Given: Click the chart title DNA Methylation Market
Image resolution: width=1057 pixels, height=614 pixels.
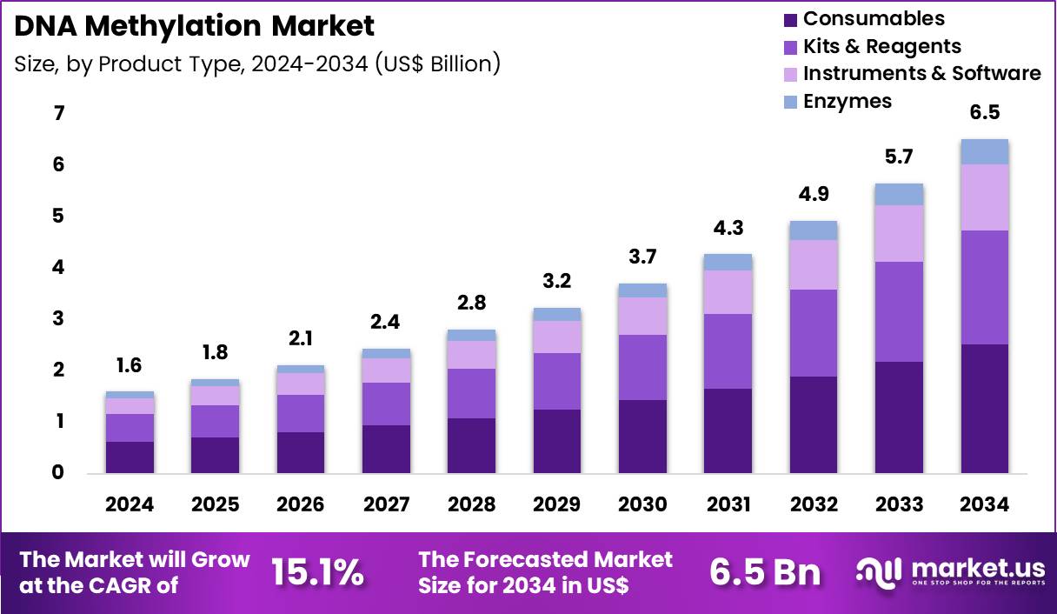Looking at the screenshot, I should coord(195,26).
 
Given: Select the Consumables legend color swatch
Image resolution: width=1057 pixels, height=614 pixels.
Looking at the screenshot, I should coord(789,19).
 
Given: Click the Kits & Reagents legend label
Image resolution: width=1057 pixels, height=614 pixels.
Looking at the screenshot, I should coord(881,46).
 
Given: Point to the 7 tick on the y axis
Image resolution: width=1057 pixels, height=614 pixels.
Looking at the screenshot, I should coord(59,114).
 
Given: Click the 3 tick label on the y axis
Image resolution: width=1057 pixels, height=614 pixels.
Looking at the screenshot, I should coord(59,319).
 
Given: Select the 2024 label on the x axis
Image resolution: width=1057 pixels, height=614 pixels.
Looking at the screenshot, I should coord(130,505).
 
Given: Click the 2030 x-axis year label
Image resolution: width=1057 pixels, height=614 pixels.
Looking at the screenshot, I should coord(642,505).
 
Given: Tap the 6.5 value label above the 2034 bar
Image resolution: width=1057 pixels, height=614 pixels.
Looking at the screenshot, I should coord(984,113).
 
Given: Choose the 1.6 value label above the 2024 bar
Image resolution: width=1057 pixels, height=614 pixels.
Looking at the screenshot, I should coord(130,365).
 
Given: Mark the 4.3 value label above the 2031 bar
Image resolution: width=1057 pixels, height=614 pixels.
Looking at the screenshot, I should coord(728,229).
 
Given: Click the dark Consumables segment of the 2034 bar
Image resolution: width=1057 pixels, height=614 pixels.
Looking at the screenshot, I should coord(984,409).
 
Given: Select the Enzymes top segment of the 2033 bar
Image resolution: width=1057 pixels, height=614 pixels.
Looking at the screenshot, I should coord(899,194).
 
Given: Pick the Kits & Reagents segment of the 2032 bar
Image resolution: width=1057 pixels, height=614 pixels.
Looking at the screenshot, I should coord(814,333).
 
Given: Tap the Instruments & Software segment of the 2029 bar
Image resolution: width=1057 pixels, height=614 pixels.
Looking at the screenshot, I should coord(557,337).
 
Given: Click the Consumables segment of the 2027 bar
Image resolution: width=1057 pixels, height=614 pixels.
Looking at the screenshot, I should coord(386,449).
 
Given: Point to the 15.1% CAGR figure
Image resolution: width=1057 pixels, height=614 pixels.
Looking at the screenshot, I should coord(317,572).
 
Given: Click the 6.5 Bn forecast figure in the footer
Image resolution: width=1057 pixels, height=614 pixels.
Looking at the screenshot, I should coord(765,572).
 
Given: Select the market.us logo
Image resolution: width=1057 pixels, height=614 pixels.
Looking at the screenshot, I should coord(950,571).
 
